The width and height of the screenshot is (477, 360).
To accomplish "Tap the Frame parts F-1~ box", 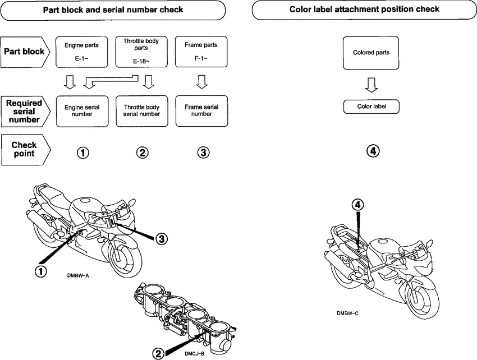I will (201, 52).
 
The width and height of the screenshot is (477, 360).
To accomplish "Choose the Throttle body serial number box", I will (141, 110).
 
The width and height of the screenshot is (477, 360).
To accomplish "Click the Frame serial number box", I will (201, 110).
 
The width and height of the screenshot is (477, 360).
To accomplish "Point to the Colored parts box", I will (371, 53).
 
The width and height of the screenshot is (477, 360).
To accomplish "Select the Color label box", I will (371, 107).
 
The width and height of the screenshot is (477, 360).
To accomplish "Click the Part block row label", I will (25, 52).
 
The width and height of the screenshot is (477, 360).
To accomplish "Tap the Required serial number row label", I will (25, 111).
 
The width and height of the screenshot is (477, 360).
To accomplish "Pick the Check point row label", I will (25, 149).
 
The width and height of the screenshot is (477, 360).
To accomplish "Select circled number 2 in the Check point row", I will (143, 152).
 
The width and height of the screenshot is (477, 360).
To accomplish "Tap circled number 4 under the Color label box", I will (372, 151).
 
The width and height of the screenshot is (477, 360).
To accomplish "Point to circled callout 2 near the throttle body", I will (158, 353).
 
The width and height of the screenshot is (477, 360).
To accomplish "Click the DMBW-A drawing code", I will (77, 276).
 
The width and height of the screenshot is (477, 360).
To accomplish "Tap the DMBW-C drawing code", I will (348, 313).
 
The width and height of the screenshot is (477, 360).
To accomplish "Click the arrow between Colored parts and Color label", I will (371, 85).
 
